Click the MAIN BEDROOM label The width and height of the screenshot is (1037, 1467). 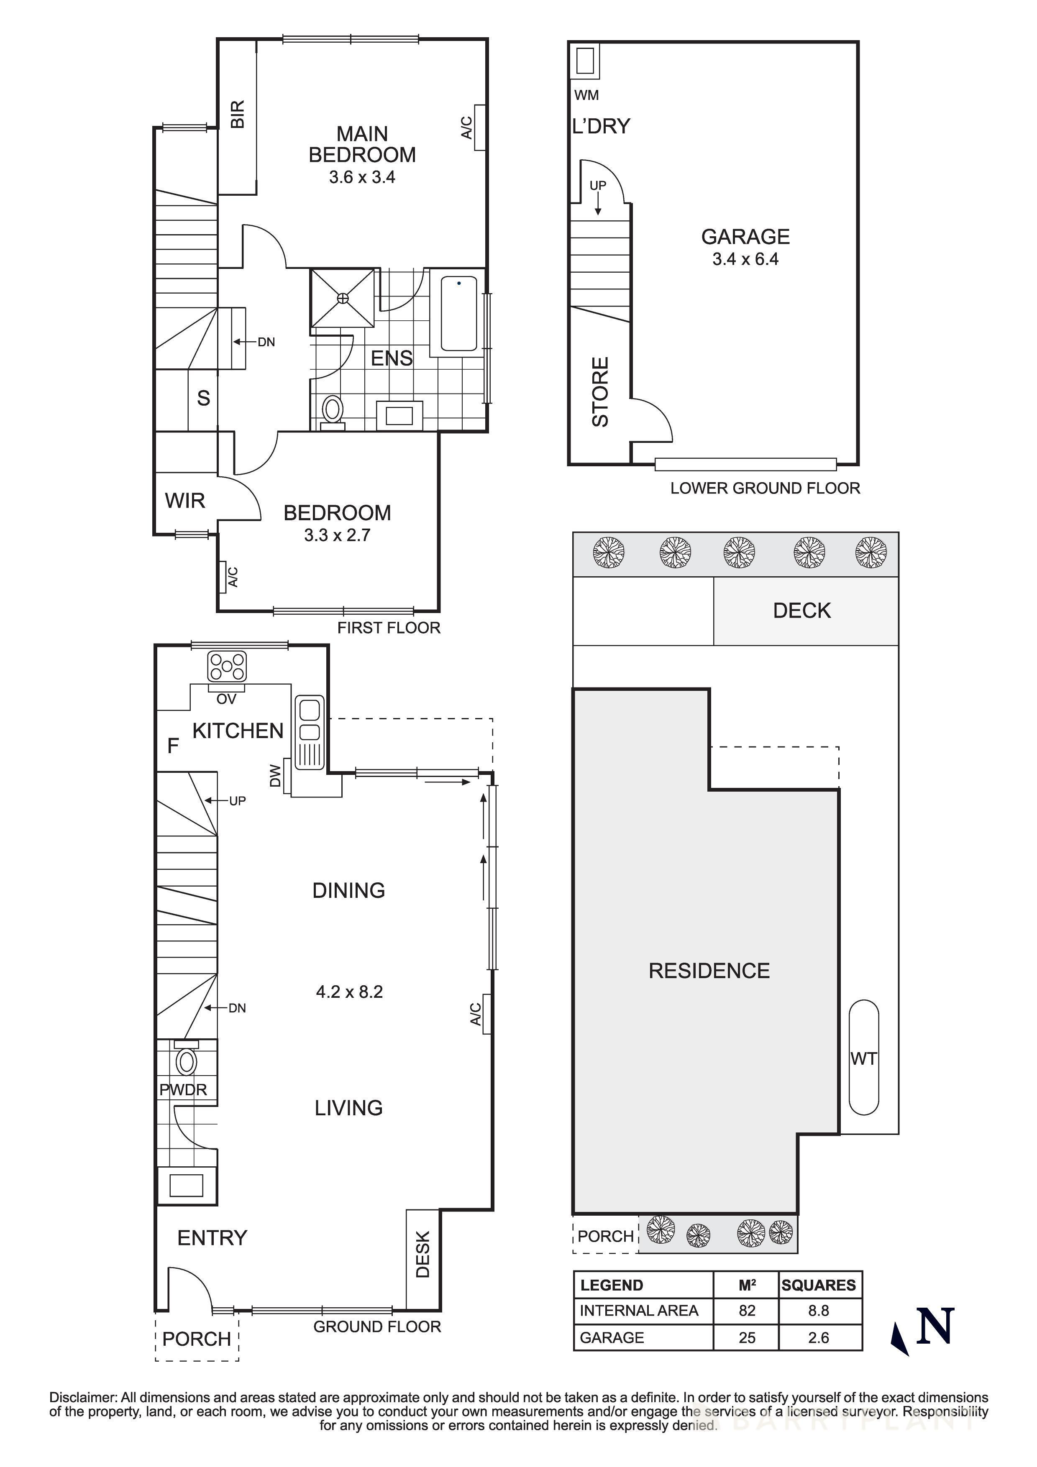coord(362,144)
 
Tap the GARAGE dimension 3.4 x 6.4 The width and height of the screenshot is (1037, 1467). coord(745,259)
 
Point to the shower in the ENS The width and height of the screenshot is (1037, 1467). coord(343,298)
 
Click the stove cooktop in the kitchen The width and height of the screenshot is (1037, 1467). coord(227,666)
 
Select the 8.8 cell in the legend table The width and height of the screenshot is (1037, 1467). coord(819,1311)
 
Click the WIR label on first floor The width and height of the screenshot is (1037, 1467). coord(185,501)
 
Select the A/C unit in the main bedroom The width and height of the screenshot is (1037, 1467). coord(479,127)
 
